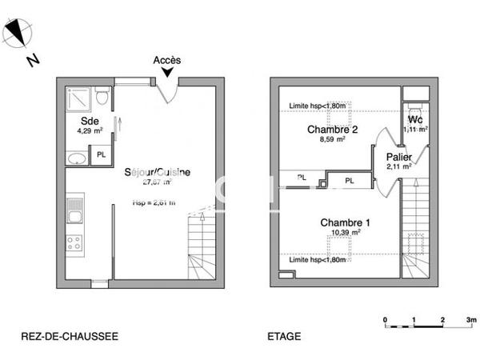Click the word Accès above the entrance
[x=167, y=60]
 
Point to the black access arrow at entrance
[x=166, y=74]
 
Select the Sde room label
[x=78, y=121]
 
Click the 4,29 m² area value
[x=89, y=130]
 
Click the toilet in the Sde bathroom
[x=102, y=97]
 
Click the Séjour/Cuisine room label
[x=157, y=173]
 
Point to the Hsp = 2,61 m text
[x=154, y=202]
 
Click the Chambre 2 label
[x=332, y=130]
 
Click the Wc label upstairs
[x=415, y=119]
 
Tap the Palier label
[x=398, y=157]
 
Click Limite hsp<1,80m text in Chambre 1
[x=318, y=260]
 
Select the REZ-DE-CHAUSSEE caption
[x=70, y=337]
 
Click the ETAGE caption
[x=284, y=337]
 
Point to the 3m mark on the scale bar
[x=471, y=320]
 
